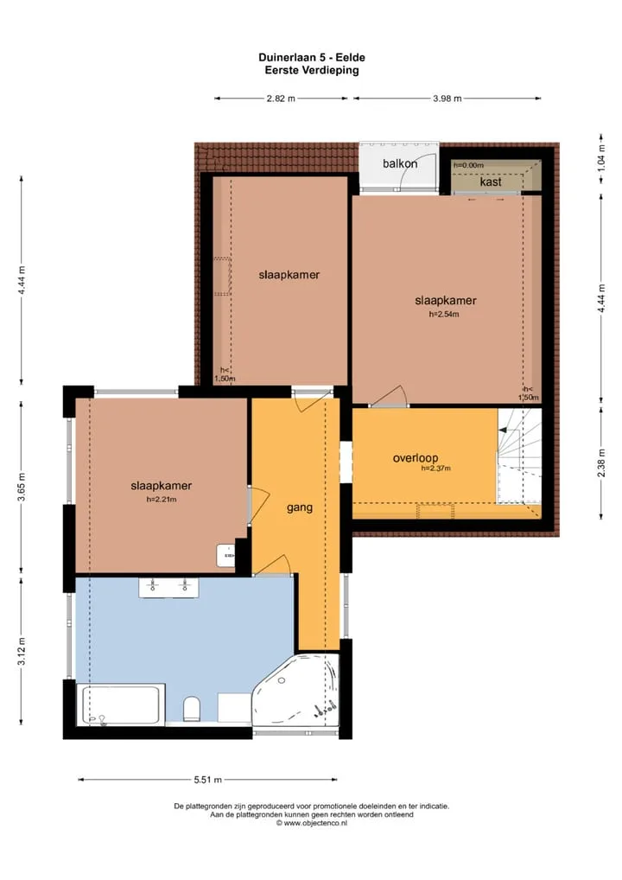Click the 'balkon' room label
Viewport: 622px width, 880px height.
coord(400,163)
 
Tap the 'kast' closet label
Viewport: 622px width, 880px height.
coord(491,182)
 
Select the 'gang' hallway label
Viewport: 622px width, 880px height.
coord(300,508)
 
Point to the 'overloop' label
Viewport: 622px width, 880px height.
coord(415,458)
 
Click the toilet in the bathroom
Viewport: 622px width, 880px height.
coord(192,709)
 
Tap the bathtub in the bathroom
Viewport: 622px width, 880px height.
coord(121,705)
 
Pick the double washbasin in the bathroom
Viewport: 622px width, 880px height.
coord(168,588)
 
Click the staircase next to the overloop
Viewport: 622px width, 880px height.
coord(520,456)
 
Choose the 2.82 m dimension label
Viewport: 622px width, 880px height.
coord(281,99)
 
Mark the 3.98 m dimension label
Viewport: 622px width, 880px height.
coord(447,99)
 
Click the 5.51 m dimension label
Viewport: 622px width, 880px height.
coord(207,780)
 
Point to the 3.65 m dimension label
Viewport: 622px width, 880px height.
coord(22,488)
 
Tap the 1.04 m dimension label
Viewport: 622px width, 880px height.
coord(601,157)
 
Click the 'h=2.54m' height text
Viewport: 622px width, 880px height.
coord(444,315)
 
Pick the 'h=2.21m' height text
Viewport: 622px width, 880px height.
coord(161,500)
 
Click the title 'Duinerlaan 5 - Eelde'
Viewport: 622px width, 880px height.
coord(312,57)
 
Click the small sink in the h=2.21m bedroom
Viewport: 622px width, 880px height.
coord(226,555)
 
